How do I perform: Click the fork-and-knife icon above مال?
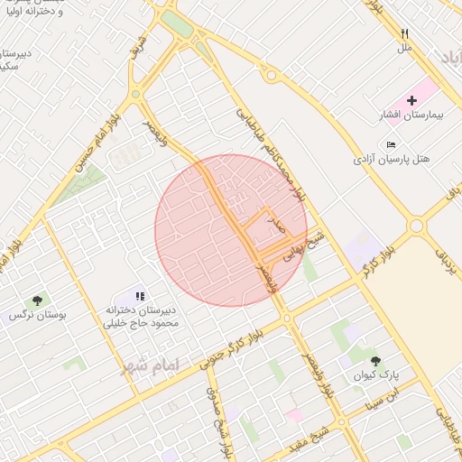405,33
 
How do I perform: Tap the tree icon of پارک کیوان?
375,359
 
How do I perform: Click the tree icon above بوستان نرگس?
37,300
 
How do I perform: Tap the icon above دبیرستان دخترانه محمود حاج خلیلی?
139,295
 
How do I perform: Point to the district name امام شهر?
149,365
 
